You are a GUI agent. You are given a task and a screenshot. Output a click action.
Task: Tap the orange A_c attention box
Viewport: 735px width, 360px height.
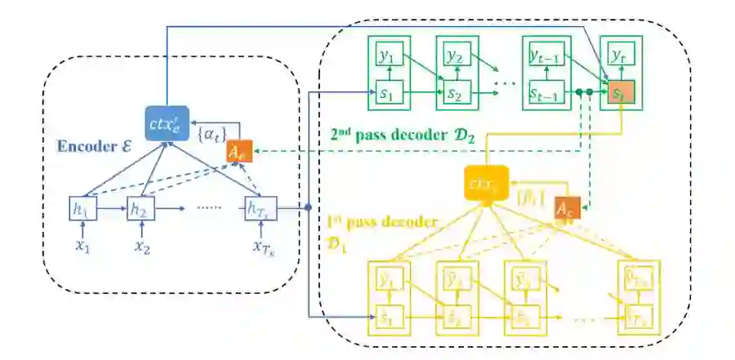pos(567,210)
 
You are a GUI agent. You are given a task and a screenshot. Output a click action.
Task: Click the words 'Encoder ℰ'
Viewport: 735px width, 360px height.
pos(91,149)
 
